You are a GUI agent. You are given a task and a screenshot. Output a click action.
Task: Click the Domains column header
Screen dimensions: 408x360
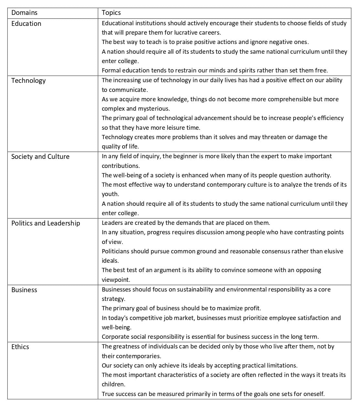[24, 13]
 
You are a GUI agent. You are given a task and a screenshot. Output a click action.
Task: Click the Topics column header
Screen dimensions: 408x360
[111, 13]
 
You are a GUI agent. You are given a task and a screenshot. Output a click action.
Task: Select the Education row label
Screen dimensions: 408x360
[26, 24]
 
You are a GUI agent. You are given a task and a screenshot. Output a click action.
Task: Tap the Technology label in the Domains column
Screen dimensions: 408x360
[28, 81]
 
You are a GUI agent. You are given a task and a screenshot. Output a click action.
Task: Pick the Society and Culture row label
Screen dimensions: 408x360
[40, 157]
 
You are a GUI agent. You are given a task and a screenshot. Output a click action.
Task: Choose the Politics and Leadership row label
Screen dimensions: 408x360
[46, 223]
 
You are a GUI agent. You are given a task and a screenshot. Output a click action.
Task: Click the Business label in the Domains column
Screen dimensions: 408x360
[24, 290]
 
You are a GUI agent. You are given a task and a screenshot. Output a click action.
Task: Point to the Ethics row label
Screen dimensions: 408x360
[20, 347]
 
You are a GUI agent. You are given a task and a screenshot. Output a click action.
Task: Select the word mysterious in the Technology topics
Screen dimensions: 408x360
[154, 109]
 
